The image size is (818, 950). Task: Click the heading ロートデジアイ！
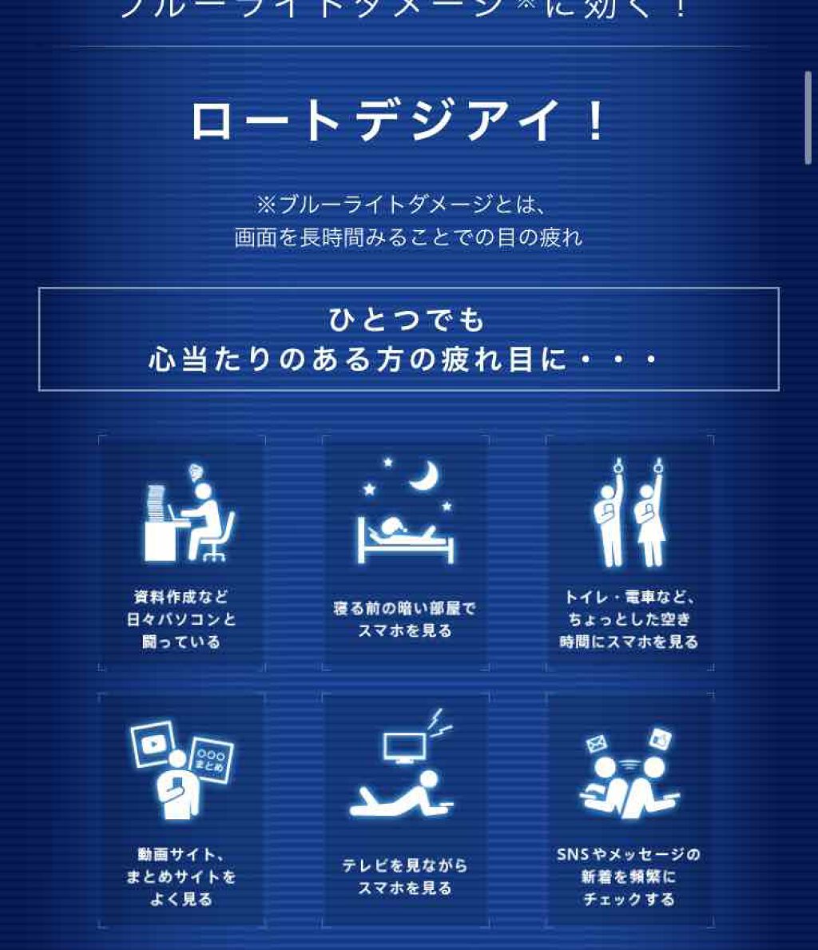coord(398,122)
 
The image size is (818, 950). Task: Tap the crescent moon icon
coord(424,476)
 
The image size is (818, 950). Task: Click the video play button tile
coord(153,743)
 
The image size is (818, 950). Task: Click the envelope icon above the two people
coord(597,745)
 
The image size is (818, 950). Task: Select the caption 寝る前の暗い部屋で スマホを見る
coord(404,619)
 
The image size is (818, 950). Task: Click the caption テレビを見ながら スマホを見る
coord(404,876)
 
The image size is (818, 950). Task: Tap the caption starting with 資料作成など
coord(181,619)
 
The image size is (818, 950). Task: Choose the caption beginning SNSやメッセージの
coord(629,876)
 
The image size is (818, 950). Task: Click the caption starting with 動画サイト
coord(181,876)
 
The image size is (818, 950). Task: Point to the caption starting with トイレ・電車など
coord(629,619)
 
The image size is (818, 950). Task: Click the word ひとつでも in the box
coord(407,320)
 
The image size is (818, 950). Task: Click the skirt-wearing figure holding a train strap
coord(649,519)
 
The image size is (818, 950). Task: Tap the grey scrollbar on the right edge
coord(808,117)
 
